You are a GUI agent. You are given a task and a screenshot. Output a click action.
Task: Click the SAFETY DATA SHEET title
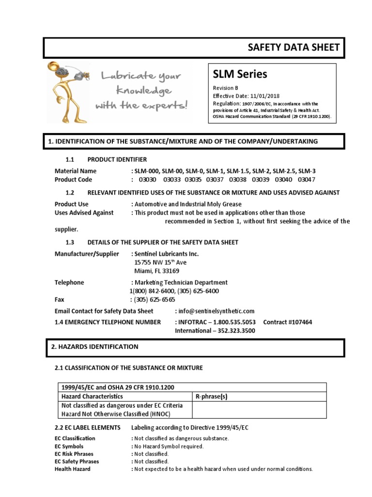(x=294, y=47)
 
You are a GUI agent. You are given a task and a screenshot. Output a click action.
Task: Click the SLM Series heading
(x=240, y=74)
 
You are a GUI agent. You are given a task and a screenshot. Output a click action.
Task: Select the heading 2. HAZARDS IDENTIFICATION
(x=94, y=347)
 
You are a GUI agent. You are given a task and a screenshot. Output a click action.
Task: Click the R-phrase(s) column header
(x=211, y=397)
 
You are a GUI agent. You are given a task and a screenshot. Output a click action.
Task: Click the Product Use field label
(x=71, y=204)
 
